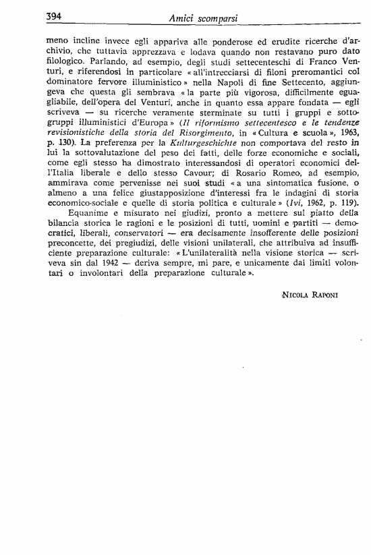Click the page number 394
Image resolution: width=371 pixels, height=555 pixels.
click(54, 16)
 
